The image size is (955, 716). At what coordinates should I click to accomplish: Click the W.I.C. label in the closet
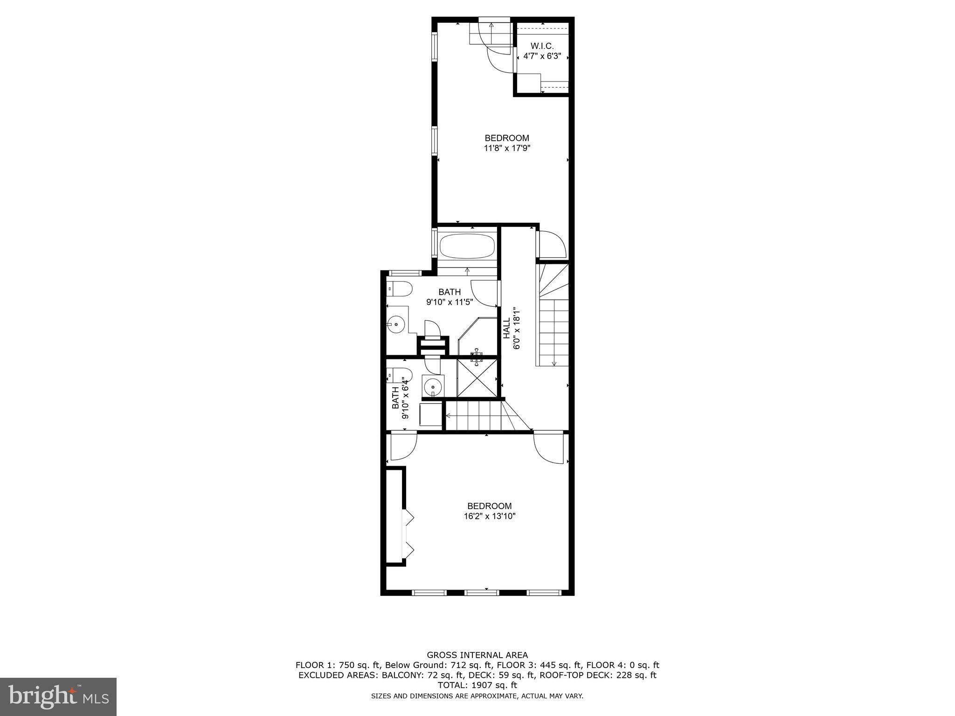tap(542, 46)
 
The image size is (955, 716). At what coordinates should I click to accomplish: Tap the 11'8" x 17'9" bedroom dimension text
tap(507, 149)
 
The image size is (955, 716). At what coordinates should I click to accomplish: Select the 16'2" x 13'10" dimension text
tap(490, 516)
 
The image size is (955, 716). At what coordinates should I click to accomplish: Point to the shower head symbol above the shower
tap(477, 357)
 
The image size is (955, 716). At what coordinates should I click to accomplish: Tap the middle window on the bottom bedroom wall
tap(482, 592)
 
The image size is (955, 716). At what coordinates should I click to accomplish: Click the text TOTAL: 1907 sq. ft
tap(477, 685)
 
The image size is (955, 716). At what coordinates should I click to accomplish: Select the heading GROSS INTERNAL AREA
tap(477, 655)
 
